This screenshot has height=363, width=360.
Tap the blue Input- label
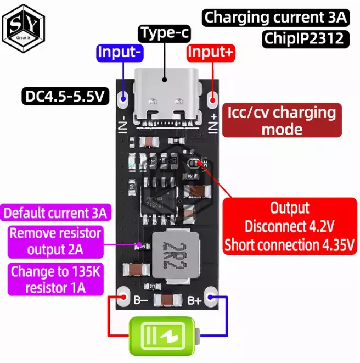click(x=120, y=53)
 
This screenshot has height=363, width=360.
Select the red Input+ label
click(x=211, y=53)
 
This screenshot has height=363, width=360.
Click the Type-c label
click(x=165, y=33)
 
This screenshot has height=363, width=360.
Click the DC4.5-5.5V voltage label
click(x=65, y=97)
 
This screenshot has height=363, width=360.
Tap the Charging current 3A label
click(x=276, y=18)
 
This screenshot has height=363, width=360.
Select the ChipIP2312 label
click(x=303, y=38)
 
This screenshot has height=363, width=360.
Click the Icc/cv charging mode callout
click(x=282, y=121)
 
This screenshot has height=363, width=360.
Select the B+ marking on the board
click(x=194, y=300)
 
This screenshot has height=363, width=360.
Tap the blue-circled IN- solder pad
click(x=123, y=99)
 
